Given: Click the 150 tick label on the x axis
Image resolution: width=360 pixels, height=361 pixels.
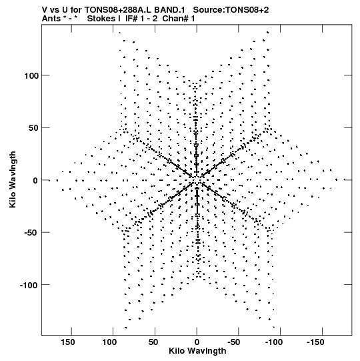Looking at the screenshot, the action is [68, 342].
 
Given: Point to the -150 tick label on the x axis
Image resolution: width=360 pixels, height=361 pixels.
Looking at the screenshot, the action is [315, 342].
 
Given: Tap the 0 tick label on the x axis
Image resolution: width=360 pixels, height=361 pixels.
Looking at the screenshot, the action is [197, 342].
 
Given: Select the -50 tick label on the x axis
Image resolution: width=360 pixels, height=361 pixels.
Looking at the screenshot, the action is [234, 342].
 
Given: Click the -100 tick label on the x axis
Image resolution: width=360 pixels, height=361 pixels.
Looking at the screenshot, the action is [274, 342].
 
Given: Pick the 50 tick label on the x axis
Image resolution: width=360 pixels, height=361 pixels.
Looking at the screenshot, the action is [153, 342].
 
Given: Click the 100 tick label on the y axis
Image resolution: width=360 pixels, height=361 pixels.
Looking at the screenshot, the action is [31, 75].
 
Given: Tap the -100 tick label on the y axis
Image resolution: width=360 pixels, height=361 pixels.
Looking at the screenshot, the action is [29, 285].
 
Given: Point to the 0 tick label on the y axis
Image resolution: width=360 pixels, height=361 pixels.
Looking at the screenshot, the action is [35, 180].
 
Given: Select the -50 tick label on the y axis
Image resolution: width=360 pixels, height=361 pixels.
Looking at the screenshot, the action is [31, 233].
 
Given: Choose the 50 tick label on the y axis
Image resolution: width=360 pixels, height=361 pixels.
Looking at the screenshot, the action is [33, 128].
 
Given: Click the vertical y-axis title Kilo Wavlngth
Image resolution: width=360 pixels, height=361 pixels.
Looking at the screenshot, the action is [13, 179].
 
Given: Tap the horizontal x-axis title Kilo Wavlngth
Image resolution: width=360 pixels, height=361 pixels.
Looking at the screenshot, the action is [197, 351].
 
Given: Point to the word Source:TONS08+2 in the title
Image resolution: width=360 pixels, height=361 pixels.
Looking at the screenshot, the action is [231, 10].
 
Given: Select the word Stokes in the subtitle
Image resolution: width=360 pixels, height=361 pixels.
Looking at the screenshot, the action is [101, 19].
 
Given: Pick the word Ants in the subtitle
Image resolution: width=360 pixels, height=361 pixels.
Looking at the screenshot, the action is [51, 19].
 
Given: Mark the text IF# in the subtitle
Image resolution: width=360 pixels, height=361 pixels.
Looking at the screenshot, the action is [132, 19].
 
